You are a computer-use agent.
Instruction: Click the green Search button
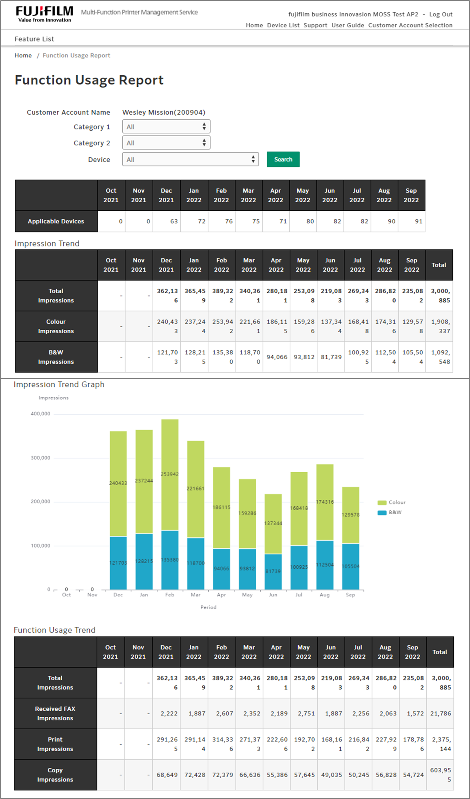coord(283,159)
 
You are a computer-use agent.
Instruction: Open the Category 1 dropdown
coord(166,127)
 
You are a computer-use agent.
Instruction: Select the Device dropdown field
coord(190,159)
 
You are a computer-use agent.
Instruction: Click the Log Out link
coord(440,14)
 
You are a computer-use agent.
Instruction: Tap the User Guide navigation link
coord(348,25)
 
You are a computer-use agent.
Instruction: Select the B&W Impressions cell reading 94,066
coord(277,357)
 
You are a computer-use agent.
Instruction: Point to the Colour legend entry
coord(392,502)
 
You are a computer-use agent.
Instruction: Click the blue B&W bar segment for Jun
coord(273,571)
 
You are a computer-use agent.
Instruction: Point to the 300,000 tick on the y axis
coord(40,458)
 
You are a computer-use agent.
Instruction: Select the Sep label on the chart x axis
coord(350,595)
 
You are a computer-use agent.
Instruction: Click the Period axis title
coord(208,607)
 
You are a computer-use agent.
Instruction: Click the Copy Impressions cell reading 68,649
coord(167,775)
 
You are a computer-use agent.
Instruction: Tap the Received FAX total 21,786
coord(440,714)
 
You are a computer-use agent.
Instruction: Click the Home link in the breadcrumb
coord(23,55)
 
